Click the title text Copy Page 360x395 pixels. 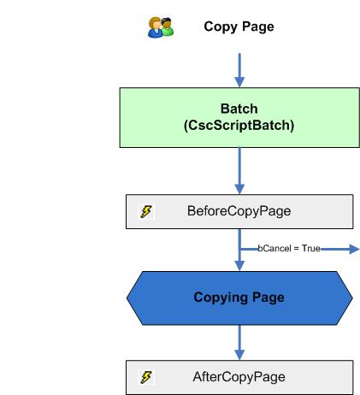click(239, 27)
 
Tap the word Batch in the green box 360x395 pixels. click(239, 109)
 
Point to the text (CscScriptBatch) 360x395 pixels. click(239, 125)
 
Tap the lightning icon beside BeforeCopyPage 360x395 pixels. click(147, 211)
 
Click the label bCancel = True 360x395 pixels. click(289, 248)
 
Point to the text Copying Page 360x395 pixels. click(239, 298)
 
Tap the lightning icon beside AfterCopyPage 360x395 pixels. click(147, 377)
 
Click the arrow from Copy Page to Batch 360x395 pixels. click(239, 68)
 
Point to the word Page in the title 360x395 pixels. click(258, 27)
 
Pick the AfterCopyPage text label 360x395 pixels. click(239, 377)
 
